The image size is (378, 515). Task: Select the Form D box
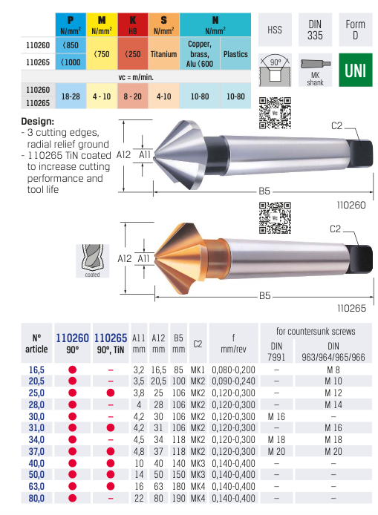(355, 30)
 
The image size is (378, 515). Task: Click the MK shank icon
(316, 71)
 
